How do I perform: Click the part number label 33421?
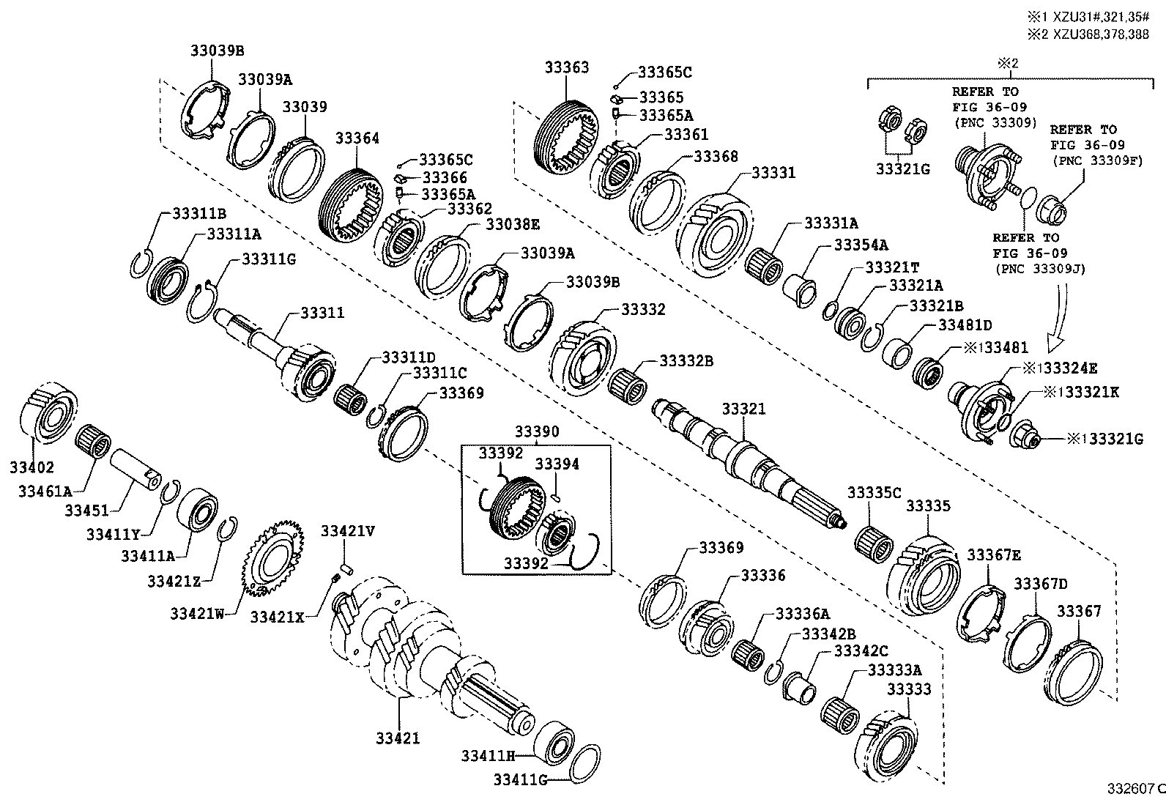coord(398,738)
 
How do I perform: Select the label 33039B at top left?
coord(217,51)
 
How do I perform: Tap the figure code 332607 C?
coord(1134,789)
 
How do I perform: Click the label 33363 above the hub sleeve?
coord(566,67)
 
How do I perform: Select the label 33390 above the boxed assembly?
coord(536,431)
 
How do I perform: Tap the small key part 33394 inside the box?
coord(557,497)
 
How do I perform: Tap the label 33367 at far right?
coord(1078,611)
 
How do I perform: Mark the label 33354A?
coord(861,245)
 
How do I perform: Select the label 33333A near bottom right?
coord(894,670)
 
